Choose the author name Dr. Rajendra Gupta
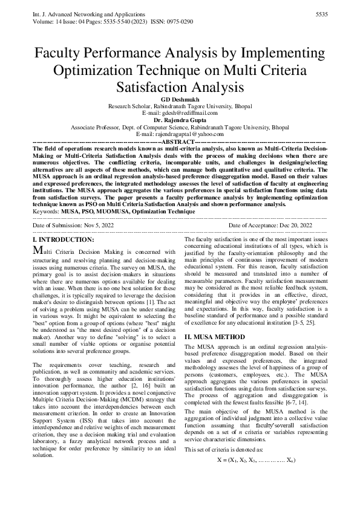179,120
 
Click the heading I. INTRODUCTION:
63,240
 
